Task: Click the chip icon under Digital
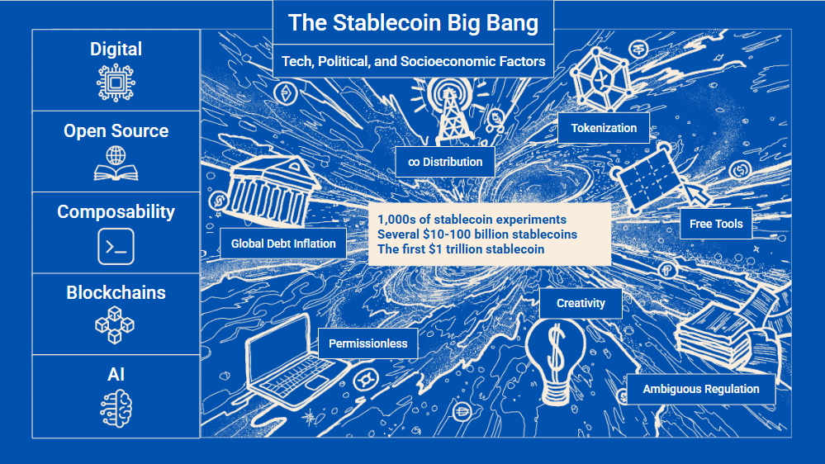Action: [116, 83]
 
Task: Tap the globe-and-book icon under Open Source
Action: [116, 163]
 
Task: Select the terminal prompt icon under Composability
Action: [116, 246]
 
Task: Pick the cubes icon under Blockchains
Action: [115, 325]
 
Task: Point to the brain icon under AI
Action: [116, 408]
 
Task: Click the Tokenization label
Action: [604, 128]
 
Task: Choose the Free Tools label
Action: [716, 224]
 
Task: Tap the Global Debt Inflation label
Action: [283, 244]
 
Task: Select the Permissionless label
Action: [367, 343]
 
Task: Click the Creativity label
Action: [581, 304]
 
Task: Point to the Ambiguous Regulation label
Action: [701, 390]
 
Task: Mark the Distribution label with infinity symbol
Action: [445, 162]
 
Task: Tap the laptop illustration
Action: [292, 363]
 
